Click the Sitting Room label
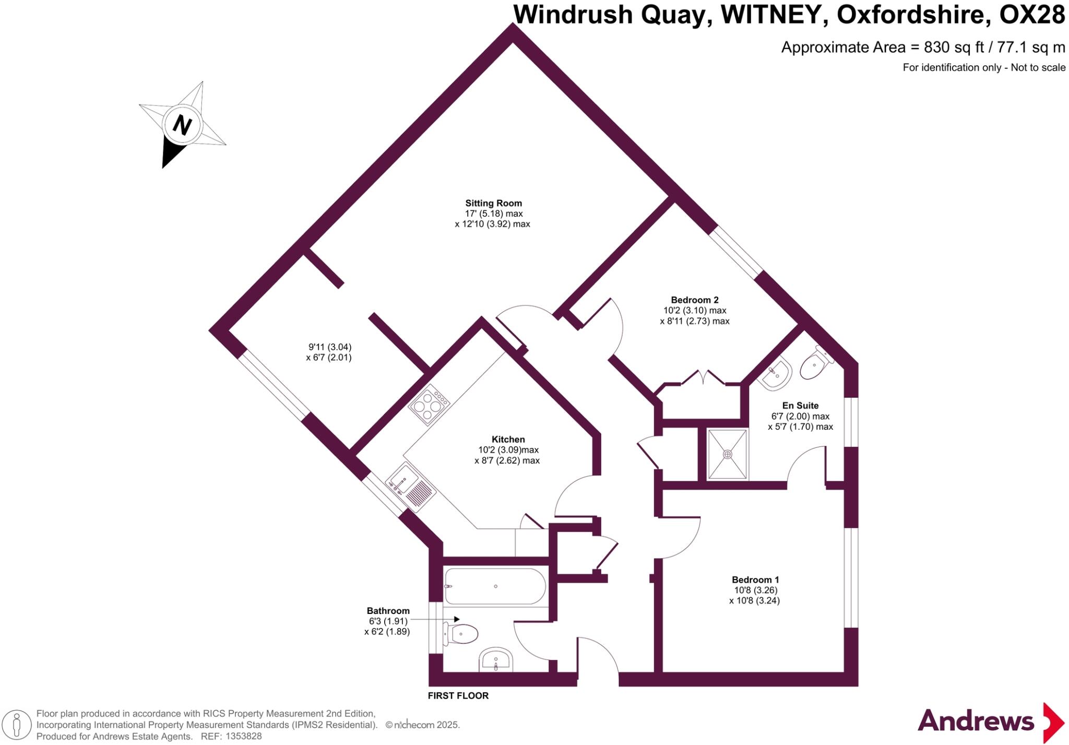[493, 203]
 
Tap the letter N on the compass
[182, 125]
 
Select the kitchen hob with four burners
[429, 405]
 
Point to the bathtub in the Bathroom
[495, 586]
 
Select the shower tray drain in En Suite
[728, 454]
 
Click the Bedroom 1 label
[755, 580]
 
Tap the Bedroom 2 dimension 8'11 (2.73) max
[694, 321]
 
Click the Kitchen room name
[508, 440]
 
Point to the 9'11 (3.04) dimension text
[330, 347]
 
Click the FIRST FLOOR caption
[458, 695]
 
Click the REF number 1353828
[244, 736]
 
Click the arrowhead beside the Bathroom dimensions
[456, 619]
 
